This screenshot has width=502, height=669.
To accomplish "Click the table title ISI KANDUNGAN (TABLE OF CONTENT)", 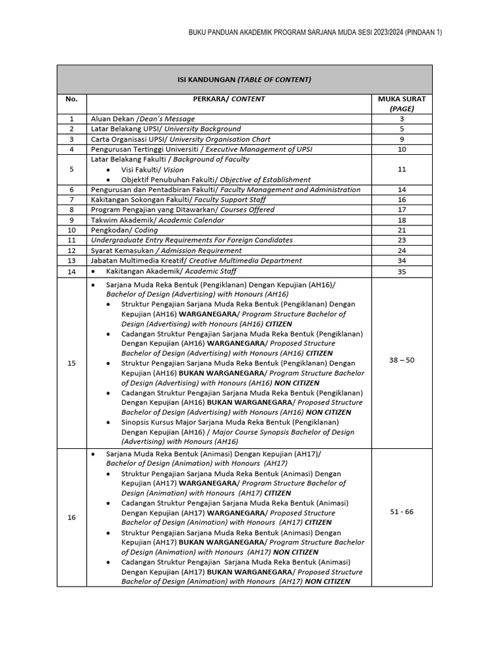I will (244, 80).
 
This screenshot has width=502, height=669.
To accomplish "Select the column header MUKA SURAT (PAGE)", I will (402, 104).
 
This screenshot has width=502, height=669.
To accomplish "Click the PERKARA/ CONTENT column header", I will (229, 99).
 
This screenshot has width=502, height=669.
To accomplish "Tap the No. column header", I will (71, 99).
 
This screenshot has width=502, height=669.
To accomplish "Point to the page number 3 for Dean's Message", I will (402, 119).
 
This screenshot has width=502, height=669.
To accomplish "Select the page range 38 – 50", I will (402, 360).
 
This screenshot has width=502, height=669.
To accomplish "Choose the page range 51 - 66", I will (402, 512).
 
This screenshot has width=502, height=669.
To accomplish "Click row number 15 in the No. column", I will (71, 363).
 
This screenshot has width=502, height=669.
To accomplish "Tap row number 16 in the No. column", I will (71, 517).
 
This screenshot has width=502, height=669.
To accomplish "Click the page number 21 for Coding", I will (402, 230).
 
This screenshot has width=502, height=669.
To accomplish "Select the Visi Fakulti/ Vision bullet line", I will (152, 170).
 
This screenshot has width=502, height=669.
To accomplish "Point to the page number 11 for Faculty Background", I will (402, 169).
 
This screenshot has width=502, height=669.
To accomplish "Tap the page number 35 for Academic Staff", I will (402, 271).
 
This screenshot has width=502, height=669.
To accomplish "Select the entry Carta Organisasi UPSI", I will (180, 139).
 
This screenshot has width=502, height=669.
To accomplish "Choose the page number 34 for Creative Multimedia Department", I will (402, 261).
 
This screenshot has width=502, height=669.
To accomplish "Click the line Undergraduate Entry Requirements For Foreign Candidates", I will (192, 240).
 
